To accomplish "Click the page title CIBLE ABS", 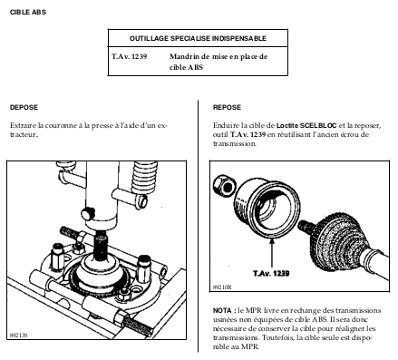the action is coord(28,13).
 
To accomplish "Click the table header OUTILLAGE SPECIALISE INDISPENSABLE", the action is coord(198,38).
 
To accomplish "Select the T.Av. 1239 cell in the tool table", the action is coord(130,56).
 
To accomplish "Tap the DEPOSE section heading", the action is coord(24,107).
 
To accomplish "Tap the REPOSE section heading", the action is coord(227,107).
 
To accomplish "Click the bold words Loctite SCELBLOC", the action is coord(306,125).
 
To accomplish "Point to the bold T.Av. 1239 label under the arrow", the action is coord(271,273).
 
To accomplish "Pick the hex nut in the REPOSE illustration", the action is coord(224,185).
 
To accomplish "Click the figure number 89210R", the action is coord(222,287).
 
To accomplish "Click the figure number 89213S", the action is coord(19,336).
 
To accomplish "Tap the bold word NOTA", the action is coord(222,310).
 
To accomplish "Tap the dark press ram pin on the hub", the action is coord(101,245).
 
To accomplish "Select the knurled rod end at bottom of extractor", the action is coord(138,325).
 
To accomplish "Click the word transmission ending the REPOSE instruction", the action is coord(235,143).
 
